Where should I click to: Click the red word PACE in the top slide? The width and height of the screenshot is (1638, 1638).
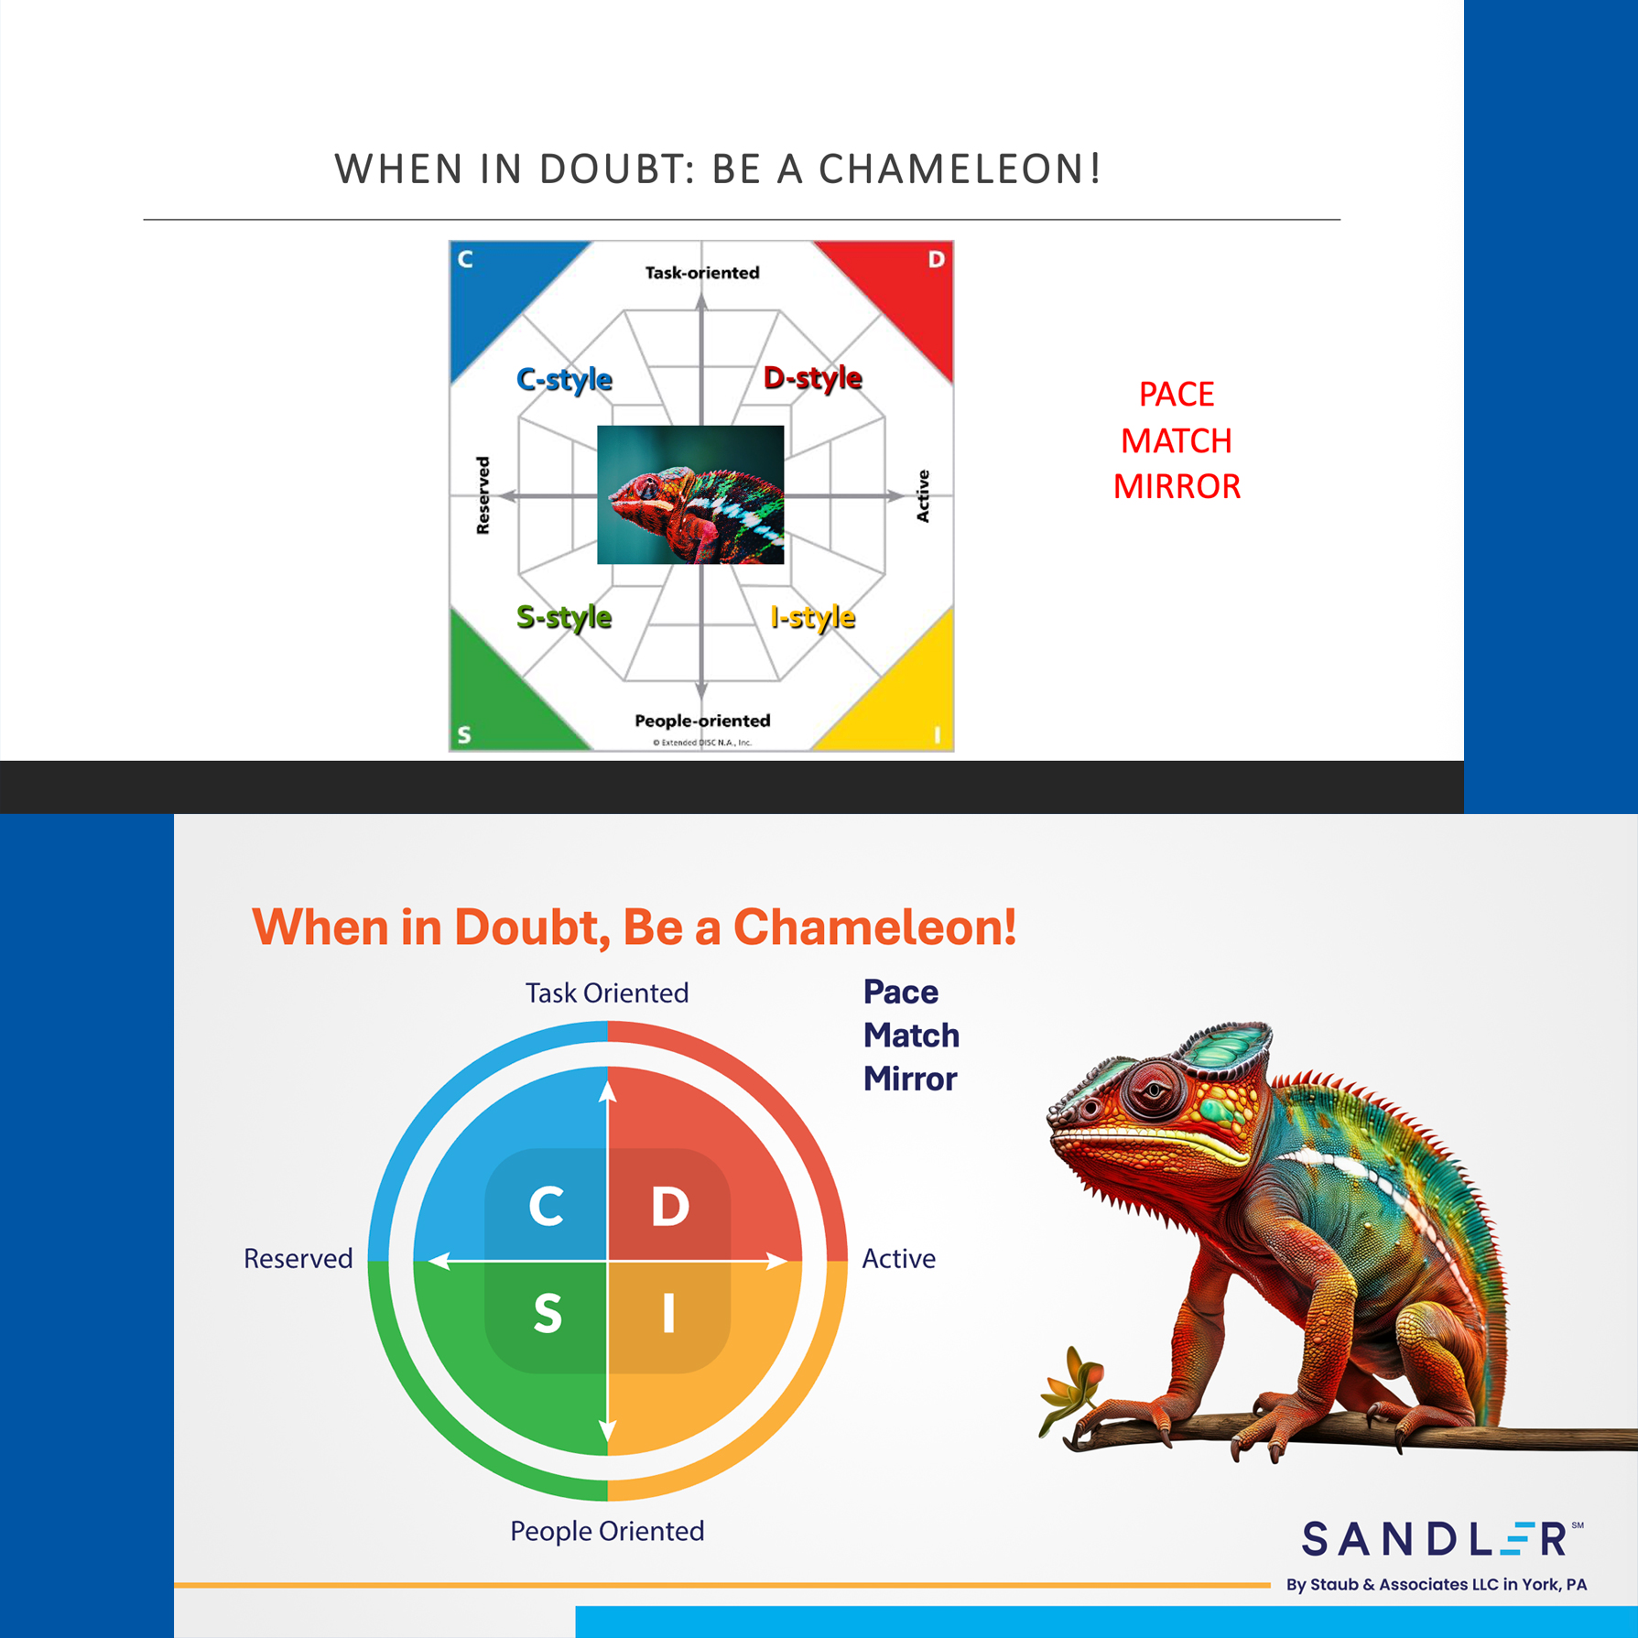(x=1177, y=395)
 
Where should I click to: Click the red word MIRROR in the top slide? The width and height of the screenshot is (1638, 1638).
(x=1177, y=486)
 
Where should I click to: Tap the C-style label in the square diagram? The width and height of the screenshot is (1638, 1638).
(x=564, y=379)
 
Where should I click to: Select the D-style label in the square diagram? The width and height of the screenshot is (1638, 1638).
(x=813, y=377)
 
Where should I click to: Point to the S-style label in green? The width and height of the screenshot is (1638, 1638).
(x=564, y=617)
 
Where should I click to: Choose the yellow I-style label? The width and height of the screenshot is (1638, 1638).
(x=813, y=617)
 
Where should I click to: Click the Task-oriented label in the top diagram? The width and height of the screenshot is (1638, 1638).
(x=702, y=273)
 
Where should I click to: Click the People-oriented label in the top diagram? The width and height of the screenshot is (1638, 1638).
(x=702, y=721)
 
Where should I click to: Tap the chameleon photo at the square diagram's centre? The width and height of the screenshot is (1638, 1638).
(x=690, y=494)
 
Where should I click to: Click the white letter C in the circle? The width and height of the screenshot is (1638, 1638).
(x=547, y=1206)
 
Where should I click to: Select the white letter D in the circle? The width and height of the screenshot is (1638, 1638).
(x=669, y=1206)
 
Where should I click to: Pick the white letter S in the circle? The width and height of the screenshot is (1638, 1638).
(x=548, y=1314)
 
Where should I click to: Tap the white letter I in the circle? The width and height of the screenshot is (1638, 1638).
(x=668, y=1314)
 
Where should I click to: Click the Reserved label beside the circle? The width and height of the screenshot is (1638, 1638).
(x=298, y=1259)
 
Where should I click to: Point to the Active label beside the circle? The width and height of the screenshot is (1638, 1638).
(x=898, y=1259)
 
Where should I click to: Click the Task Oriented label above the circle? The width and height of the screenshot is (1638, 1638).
(x=607, y=993)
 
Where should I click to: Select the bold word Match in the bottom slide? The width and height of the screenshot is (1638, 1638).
(x=911, y=1036)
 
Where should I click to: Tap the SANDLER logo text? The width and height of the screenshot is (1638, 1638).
(x=1436, y=1538)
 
